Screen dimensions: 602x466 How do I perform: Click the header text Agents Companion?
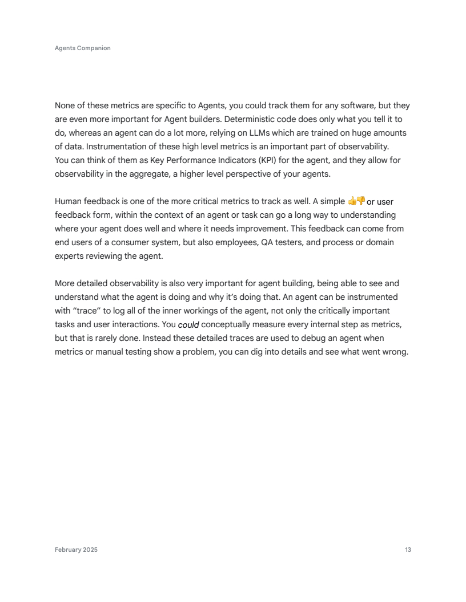tap(83, 48)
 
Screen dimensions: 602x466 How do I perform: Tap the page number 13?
tap(408, 550)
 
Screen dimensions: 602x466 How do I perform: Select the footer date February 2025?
tap(76, 550)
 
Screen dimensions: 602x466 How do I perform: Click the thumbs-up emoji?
tap(352, 201)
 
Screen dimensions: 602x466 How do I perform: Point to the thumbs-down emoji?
tap(360, 201)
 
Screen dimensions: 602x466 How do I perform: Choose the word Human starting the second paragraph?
tap(67, 201)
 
